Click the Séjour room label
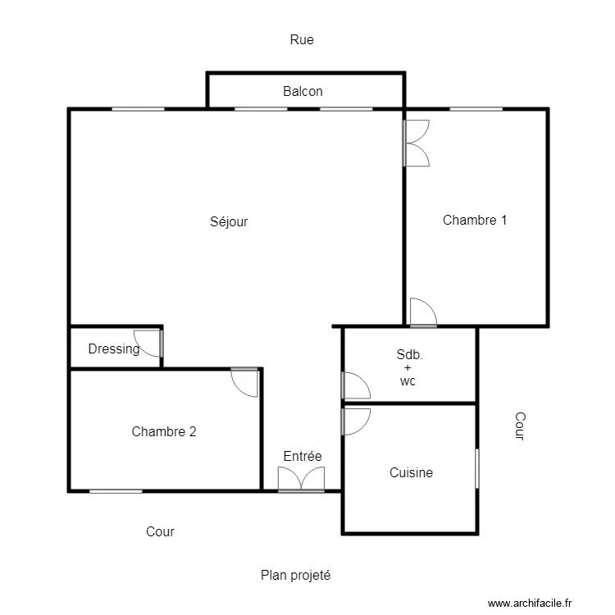click(229, 221)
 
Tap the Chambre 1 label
click(475, 220)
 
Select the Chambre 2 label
click(164, 431)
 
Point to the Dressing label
click(114, 349)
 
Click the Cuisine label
click(411, 472)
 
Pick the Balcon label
click(303, 92)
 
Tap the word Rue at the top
click(302, 39)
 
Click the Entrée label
click(303, 457)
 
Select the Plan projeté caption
click(295, 576)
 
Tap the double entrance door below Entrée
click(302, 480)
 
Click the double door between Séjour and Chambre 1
click(416, 143)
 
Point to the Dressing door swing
click(149, 343)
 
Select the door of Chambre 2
click(245, 382)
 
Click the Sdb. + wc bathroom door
click(356, 386)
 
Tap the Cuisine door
click(356, 421)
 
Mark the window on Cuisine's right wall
click(476, 468)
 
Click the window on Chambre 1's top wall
click(476, 108)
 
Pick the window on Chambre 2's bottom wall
click(116, 491)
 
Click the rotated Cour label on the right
click(518, 426)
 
